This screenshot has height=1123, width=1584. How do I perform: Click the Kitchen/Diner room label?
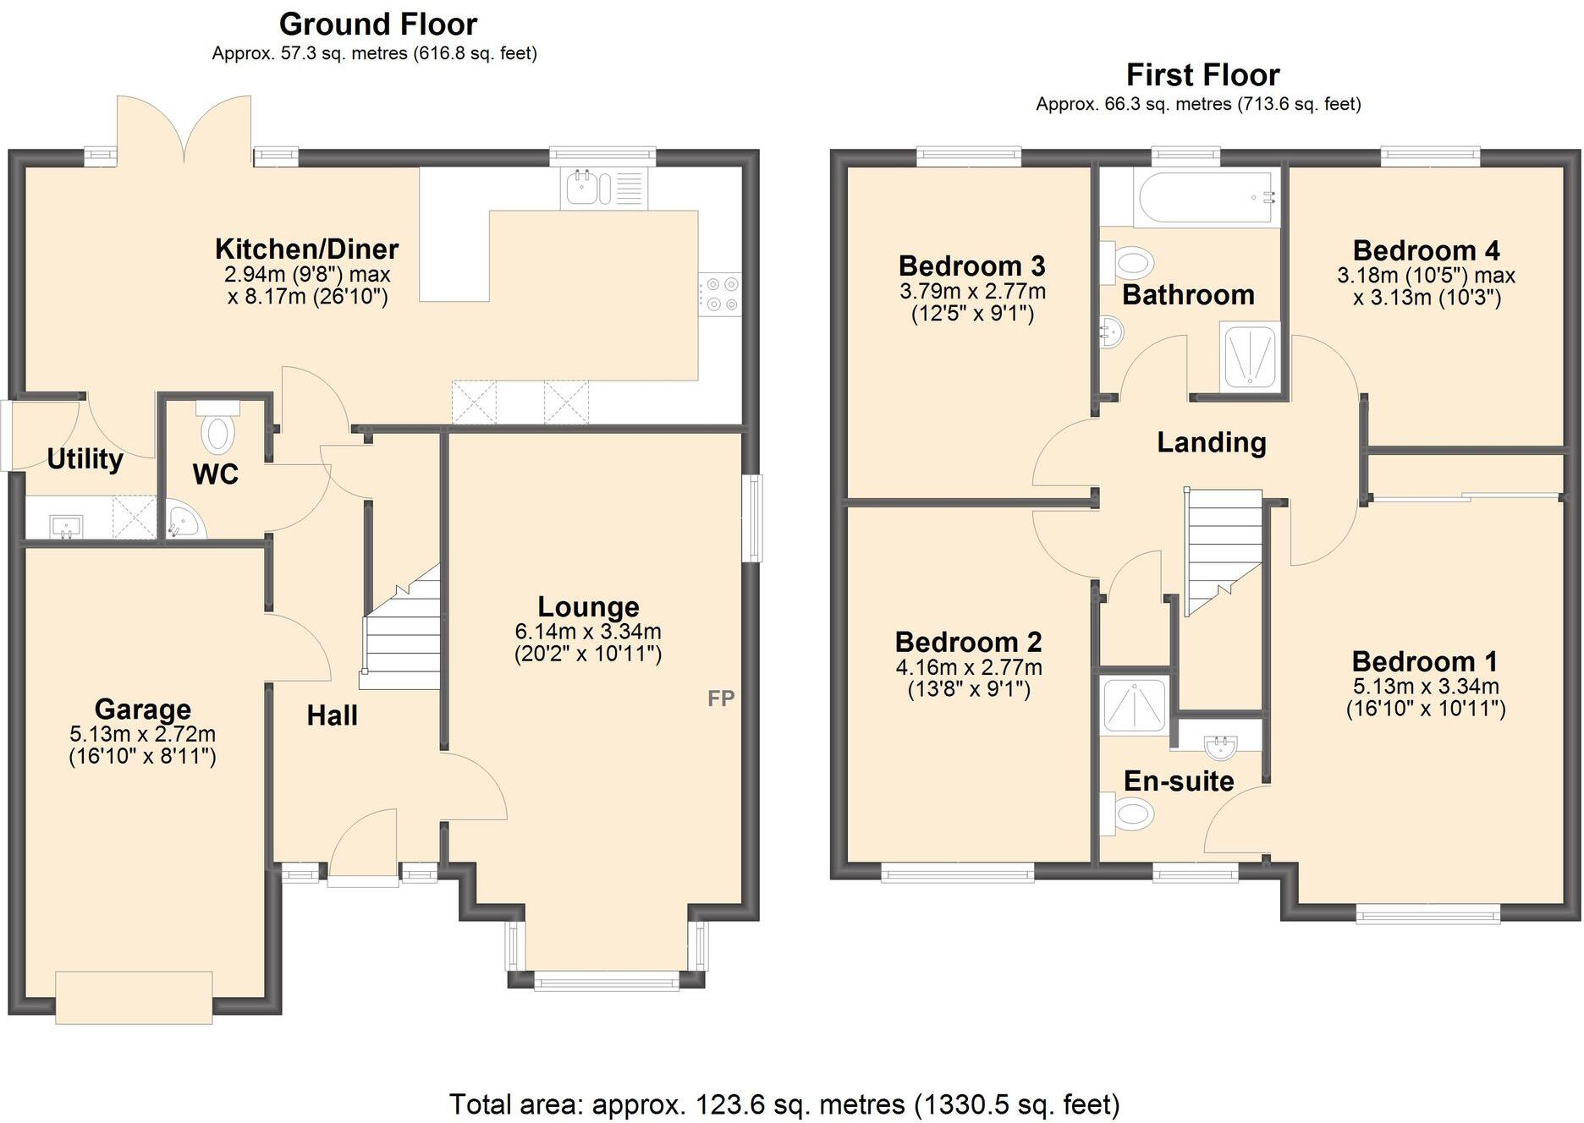click(x=306, y=249)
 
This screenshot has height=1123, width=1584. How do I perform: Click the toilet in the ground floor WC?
click(x=218, y=430)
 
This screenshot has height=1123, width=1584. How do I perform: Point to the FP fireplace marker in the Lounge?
click(x=721, y=698)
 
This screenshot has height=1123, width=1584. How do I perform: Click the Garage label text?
click(x=142, y=709)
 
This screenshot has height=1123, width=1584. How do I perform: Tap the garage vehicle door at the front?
click(x=134, y=998)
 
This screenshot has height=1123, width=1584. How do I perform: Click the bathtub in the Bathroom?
click(x=1206, y=198)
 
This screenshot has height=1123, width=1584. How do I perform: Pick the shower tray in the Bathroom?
click(x=1249, y=358)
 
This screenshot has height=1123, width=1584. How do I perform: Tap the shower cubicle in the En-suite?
click(x=1133, y=703)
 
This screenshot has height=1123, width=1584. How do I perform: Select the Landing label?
click(x=1211, y=442)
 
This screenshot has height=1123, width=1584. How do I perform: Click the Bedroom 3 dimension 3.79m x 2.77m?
click(x=972, y=292)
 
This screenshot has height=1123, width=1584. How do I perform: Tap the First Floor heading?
click(x=1202, y=75)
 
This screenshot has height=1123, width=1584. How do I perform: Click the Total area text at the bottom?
click(x=784, y=1104)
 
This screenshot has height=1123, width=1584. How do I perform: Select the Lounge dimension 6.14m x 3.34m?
click(x=587, y=632)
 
